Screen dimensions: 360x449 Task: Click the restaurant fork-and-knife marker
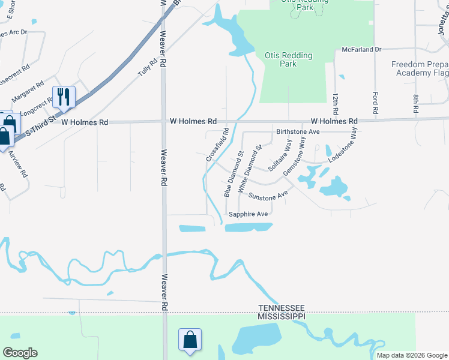[64, 97]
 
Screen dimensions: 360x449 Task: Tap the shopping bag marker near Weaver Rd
[190, 340]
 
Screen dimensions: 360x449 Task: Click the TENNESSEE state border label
[282, 307]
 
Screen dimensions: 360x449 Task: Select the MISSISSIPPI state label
[282, 316]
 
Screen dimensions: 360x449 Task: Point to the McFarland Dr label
[361, 50]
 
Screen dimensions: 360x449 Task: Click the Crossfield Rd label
[217, 145]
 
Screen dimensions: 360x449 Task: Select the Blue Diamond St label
[233, 174]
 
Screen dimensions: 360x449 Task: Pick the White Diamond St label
[250, 169]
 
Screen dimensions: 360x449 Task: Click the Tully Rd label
[148, 66]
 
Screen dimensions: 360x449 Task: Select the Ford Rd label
[375, 103]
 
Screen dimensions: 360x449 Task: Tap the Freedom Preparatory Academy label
[420, 68]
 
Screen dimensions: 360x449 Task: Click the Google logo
[20, 353]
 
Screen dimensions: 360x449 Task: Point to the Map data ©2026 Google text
[412, 355]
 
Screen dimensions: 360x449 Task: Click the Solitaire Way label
[280, 155]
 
